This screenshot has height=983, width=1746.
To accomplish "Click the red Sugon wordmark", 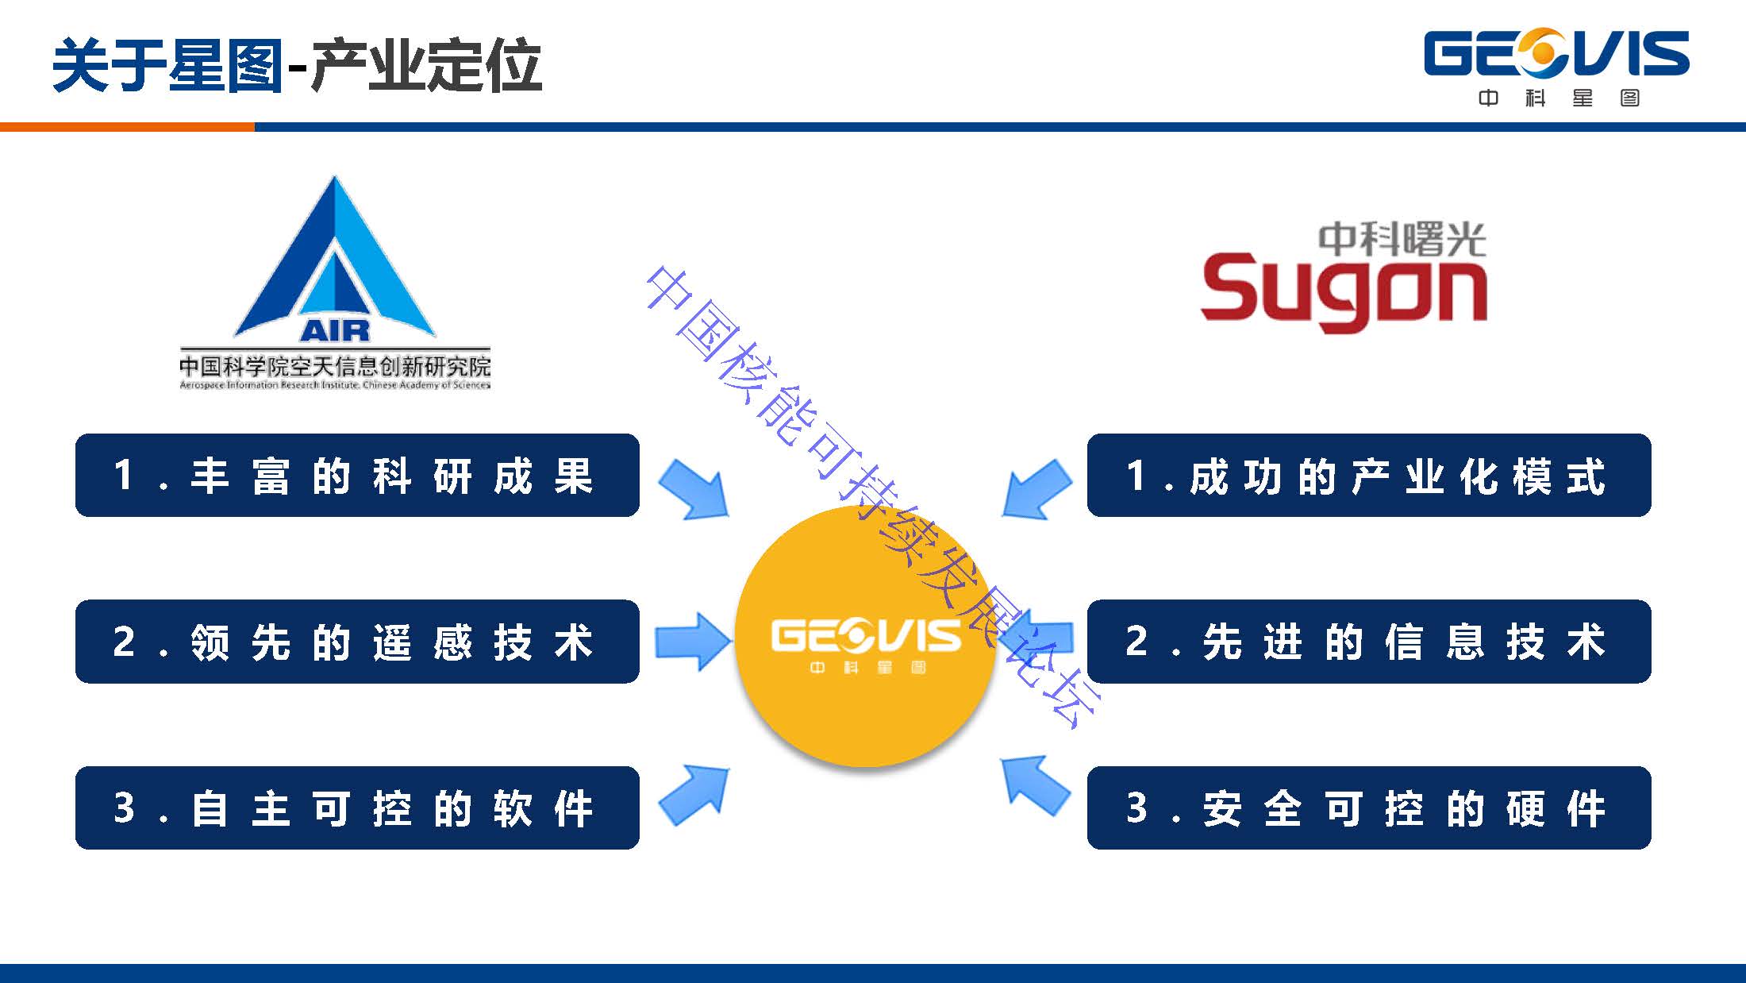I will pos(1343,291).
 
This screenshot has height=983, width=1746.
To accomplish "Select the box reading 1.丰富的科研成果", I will pos(357,476).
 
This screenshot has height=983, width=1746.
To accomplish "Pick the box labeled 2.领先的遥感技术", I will pos(357,642).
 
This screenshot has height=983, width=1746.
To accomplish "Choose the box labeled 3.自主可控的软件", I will pos(357,808).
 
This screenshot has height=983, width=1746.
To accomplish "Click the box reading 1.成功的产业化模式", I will pos(1368,476).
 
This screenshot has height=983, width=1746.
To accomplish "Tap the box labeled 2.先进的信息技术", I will pos(1368,642).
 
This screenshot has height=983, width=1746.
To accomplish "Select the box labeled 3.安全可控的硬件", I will pos(1368,808).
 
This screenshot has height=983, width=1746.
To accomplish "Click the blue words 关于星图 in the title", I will pos(167,65).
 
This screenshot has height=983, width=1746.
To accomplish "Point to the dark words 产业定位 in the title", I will pos(427,65).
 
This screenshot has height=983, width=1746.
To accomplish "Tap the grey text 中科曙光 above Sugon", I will pos(1402,239).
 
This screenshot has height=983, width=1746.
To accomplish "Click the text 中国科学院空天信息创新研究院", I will pos(334,366).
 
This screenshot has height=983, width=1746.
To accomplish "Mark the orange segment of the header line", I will pos(127,127).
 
